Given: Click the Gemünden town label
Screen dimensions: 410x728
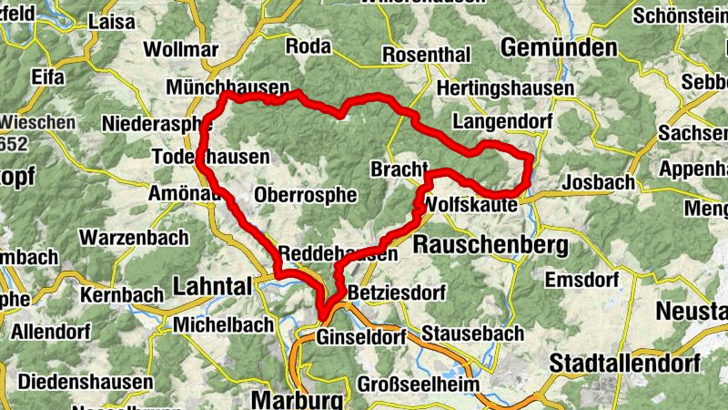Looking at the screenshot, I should coord(559,47).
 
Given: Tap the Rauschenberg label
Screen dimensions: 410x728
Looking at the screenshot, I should coord(490,244).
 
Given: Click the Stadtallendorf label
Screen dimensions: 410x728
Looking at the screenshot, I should coord(617,362).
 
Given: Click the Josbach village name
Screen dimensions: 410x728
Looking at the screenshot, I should coord(598,182).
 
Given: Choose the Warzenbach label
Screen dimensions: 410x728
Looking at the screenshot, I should coord(134,238).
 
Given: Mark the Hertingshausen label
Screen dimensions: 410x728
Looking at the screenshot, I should coord(505,89).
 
